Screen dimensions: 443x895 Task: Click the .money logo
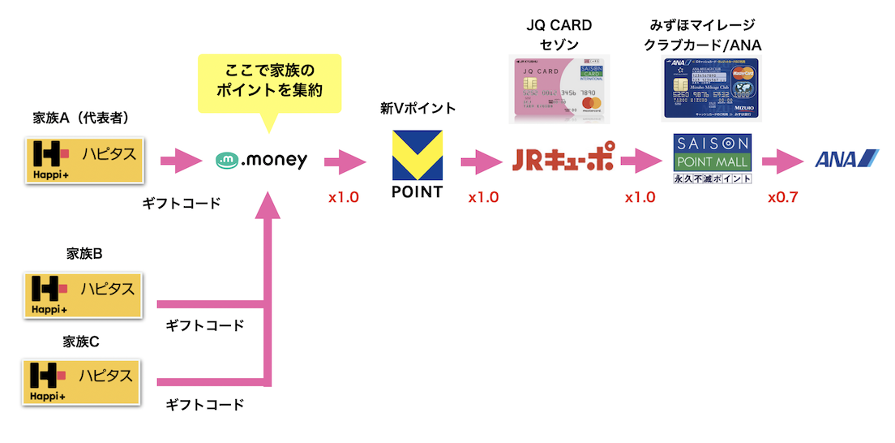262,160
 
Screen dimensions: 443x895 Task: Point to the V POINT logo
417,164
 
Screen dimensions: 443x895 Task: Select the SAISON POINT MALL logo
713,159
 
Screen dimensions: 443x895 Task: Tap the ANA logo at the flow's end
846,159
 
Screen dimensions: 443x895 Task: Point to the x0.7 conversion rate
782,197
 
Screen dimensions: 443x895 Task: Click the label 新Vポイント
418,108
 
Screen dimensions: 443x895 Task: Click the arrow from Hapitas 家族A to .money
181,160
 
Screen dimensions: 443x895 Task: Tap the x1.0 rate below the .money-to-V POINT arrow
343,197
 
